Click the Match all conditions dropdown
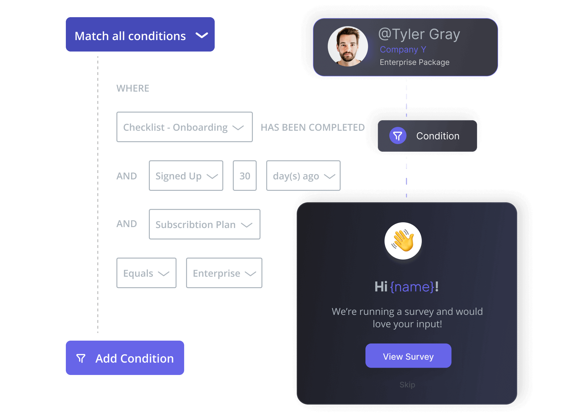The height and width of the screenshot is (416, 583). (x=140, y=35)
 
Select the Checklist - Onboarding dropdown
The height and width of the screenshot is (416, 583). (x=184, y=127)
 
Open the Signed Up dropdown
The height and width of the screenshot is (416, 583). (x=186, y=176)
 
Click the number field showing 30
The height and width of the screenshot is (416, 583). (x=245, y=176)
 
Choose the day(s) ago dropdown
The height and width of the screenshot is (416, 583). (x=303, y=176)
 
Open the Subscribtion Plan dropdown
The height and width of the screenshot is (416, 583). (x=204, y=225)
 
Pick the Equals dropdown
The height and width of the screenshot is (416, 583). (x=146, y=273)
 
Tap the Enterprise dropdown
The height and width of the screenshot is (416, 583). (x=224, y=273)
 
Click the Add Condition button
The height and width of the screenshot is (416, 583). (x=125, y=358)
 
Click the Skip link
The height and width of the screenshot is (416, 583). (x=407, y=385)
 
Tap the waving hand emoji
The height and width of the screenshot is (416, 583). (x=403, y=241)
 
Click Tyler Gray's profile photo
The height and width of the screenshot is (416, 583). (x=348, y=46)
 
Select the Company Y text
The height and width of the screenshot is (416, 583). (x=403, y=50)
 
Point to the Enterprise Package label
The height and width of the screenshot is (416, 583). (x=414, y=62)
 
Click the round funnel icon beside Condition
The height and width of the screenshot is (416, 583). (x=398, y=136)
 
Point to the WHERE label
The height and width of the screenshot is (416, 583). (x=133, y=88)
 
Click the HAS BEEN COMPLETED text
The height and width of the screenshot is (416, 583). (x=312, y=128)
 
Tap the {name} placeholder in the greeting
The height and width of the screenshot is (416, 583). (x=412, y=287)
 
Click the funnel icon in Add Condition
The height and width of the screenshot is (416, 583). (x=81, y=358)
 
